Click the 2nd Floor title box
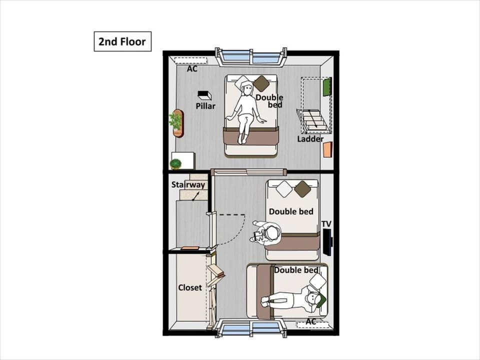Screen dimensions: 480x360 click(x=122, y=41)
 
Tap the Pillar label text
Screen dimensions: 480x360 click(x=205, y=106)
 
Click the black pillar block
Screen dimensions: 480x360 click(x=204, y=95)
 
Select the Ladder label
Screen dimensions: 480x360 click(x=310, y=139)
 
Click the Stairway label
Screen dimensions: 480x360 click(x=188, y=184)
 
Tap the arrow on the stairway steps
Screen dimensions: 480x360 click(x=195, y=196)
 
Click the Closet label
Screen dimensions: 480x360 click(x=190, y=288)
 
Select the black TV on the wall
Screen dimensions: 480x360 click(x=328, y=242)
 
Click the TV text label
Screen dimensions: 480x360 click(x=326, y=224)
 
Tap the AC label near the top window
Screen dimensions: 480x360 click(x=192, y=69)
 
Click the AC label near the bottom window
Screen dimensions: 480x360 click(x=310, y=321)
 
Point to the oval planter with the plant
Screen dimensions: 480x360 click(x=176, y=123)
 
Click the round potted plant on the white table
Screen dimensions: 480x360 click(x=175, y=164)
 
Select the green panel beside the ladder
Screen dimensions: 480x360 click(x=327, y=87)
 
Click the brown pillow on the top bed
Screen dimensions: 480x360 click(x=261, y=83)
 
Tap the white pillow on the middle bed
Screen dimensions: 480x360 click(x=284, y=189)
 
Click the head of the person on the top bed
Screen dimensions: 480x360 click(x=246, y=88)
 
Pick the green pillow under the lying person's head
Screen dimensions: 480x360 click(x=320, y=300)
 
